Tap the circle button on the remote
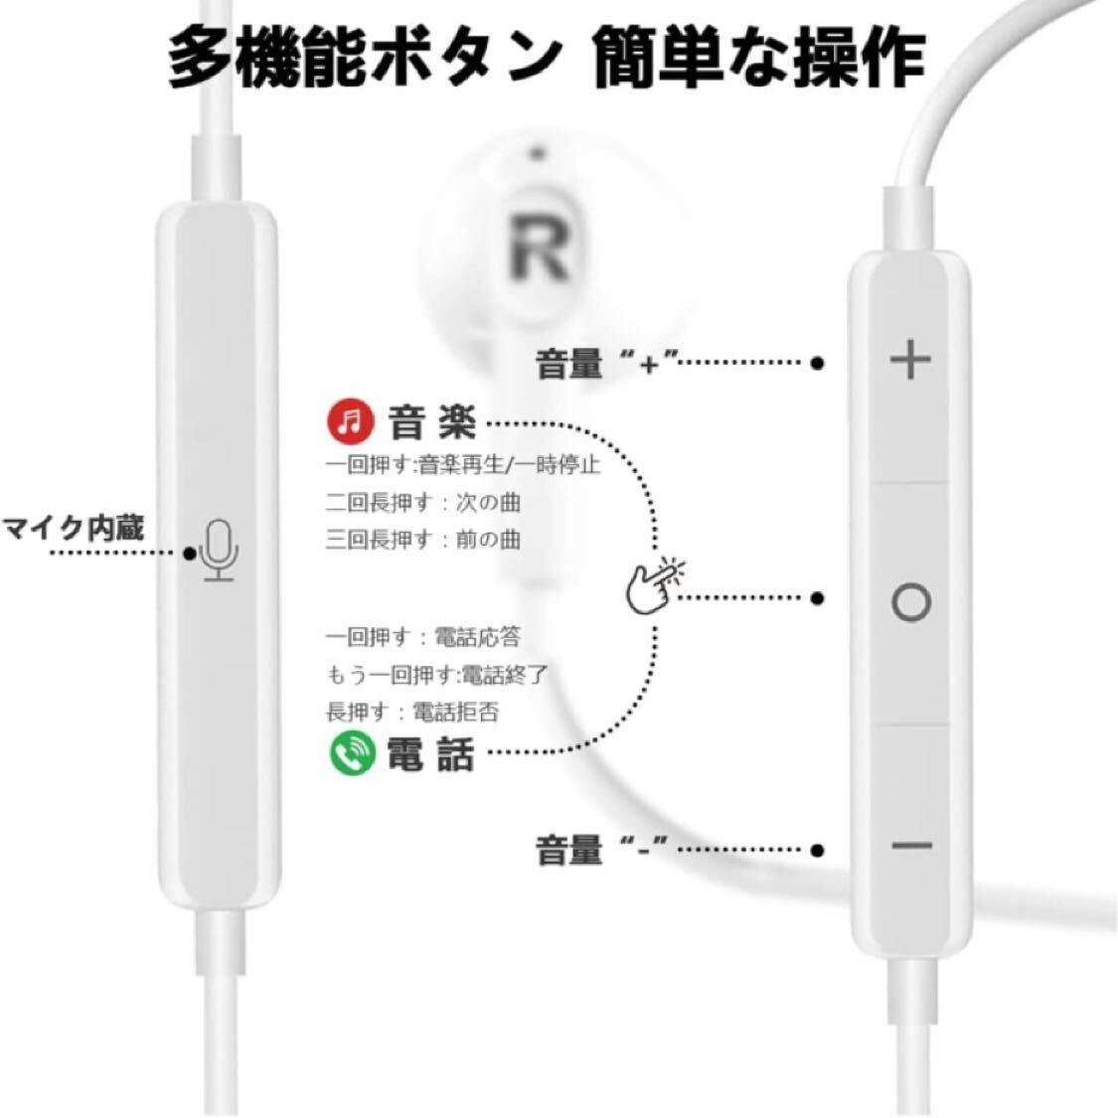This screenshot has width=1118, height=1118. coord(911,602)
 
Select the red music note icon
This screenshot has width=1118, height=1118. coord(350,420)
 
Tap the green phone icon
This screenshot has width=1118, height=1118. coord(352,752)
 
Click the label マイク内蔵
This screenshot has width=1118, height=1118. coord(74,529)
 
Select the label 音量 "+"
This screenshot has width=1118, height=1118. coord(605,363)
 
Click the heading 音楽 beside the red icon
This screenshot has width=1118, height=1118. coord(432,422)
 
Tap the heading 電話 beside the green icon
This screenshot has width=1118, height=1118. coord(430,753)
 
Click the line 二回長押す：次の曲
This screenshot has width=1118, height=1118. coord(423,503)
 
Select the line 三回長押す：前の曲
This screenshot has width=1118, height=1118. coord(423,539)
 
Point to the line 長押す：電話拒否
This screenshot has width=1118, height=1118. coord(412,712)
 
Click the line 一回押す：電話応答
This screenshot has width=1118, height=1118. coord(423,637)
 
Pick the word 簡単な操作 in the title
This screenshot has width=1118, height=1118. coord(758,57)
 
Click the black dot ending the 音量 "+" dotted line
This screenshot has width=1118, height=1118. coord(818,363)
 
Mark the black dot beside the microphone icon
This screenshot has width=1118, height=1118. coord(190,553)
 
